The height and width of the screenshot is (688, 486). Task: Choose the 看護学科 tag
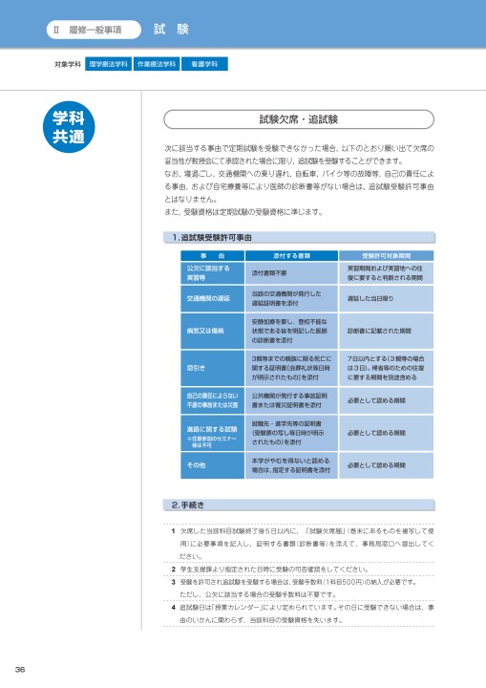(204, 65)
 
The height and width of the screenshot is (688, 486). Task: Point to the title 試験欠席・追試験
(299, 121)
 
